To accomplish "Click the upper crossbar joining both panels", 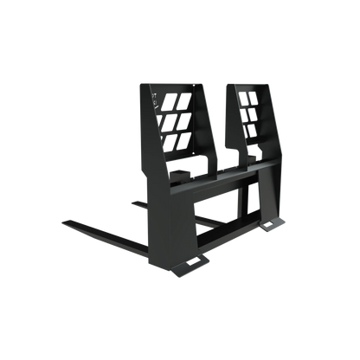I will (225, 173).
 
